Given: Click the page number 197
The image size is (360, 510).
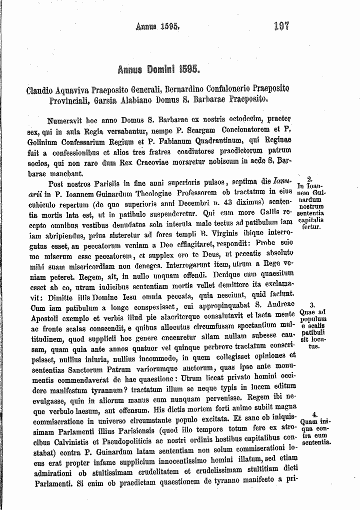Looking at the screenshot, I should (x=281, y=26).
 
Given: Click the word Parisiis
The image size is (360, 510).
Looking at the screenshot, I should (x=109, y=183).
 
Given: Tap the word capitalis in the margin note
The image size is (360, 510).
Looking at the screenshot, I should (x=310, y=220).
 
